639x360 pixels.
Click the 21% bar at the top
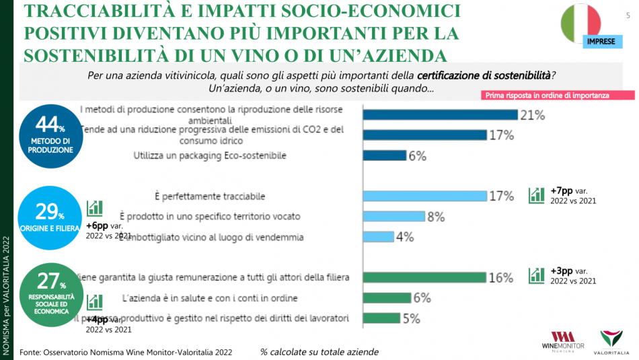[x=440, y=114]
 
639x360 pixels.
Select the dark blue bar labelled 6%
[x=385, y=155]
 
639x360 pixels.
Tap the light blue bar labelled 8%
[x=394, y=217]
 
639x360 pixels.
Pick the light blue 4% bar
[x=378, y=237]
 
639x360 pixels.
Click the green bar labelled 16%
[x=424, y=277]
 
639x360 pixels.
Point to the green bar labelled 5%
[x=381, y=318]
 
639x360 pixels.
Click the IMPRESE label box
[x=600, y=42]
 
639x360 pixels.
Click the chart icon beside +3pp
[x=537, y=275]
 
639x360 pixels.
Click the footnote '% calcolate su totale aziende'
[x=319, y=352]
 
